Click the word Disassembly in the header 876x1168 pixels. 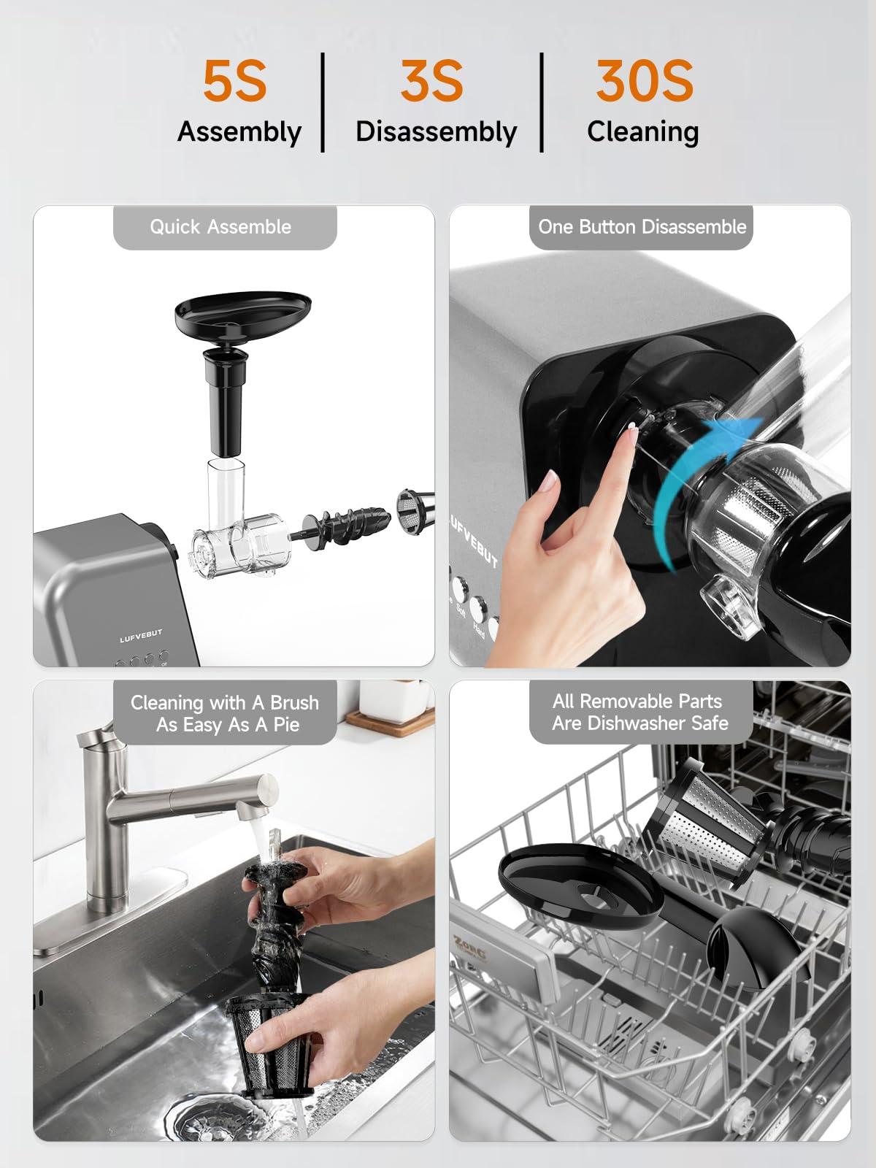(x=436, y=132)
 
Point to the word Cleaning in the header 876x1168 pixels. (x=642, y=132)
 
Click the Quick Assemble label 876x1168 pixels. (x=220, y=227)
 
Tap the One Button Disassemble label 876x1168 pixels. (x=642, y=227)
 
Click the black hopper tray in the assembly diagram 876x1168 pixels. (x=243, y=314)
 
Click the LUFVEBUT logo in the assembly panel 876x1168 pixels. (x=141, y=636)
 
